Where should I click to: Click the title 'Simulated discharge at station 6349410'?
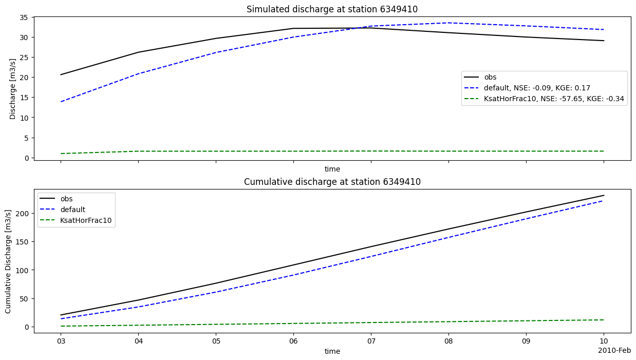332,9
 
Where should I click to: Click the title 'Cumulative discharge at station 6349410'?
332,182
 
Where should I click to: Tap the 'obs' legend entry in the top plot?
490,77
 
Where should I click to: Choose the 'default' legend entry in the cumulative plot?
73,210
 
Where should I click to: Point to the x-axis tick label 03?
61,341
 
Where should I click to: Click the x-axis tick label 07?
371,341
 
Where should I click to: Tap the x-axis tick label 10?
604,341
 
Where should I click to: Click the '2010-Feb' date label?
614,350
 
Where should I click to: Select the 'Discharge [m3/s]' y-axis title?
13,88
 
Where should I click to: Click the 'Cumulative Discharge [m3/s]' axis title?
9,261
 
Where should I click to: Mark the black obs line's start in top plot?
61,75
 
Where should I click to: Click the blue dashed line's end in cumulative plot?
604,201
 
